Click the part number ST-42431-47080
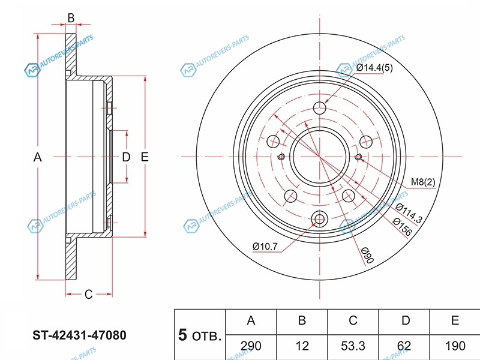tap(79, 335)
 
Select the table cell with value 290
tap(251, 346)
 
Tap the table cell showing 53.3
tap(353, 346)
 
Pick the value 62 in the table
tap(405, 346)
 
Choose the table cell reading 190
tap(455, 346)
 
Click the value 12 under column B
tap(302, 346)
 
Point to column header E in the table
tap(455, 321)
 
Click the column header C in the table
tap(353, 321)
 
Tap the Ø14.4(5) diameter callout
tap(374, 68)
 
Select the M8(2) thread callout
tap(423, 182)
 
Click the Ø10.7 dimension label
tap(265, 246)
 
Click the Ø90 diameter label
tap(367, 254)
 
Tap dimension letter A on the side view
tap(37, 157)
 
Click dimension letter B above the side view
tap(71, 18)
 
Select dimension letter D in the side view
tap(126, 157)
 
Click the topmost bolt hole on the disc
tap(320, 109)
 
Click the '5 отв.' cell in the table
tap(200, 335)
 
